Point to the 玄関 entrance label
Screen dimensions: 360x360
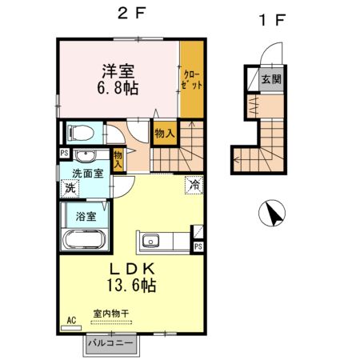tap(270, 78)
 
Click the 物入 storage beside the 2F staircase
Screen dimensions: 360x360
tap(165, 134)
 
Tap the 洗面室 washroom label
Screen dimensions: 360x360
tap(87, 173)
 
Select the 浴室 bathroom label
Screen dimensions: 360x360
tap(86, 217)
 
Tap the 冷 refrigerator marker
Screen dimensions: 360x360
tap(194, 184)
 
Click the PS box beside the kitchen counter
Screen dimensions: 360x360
tap(197, 247)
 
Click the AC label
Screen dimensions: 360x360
tap(70, 320)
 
